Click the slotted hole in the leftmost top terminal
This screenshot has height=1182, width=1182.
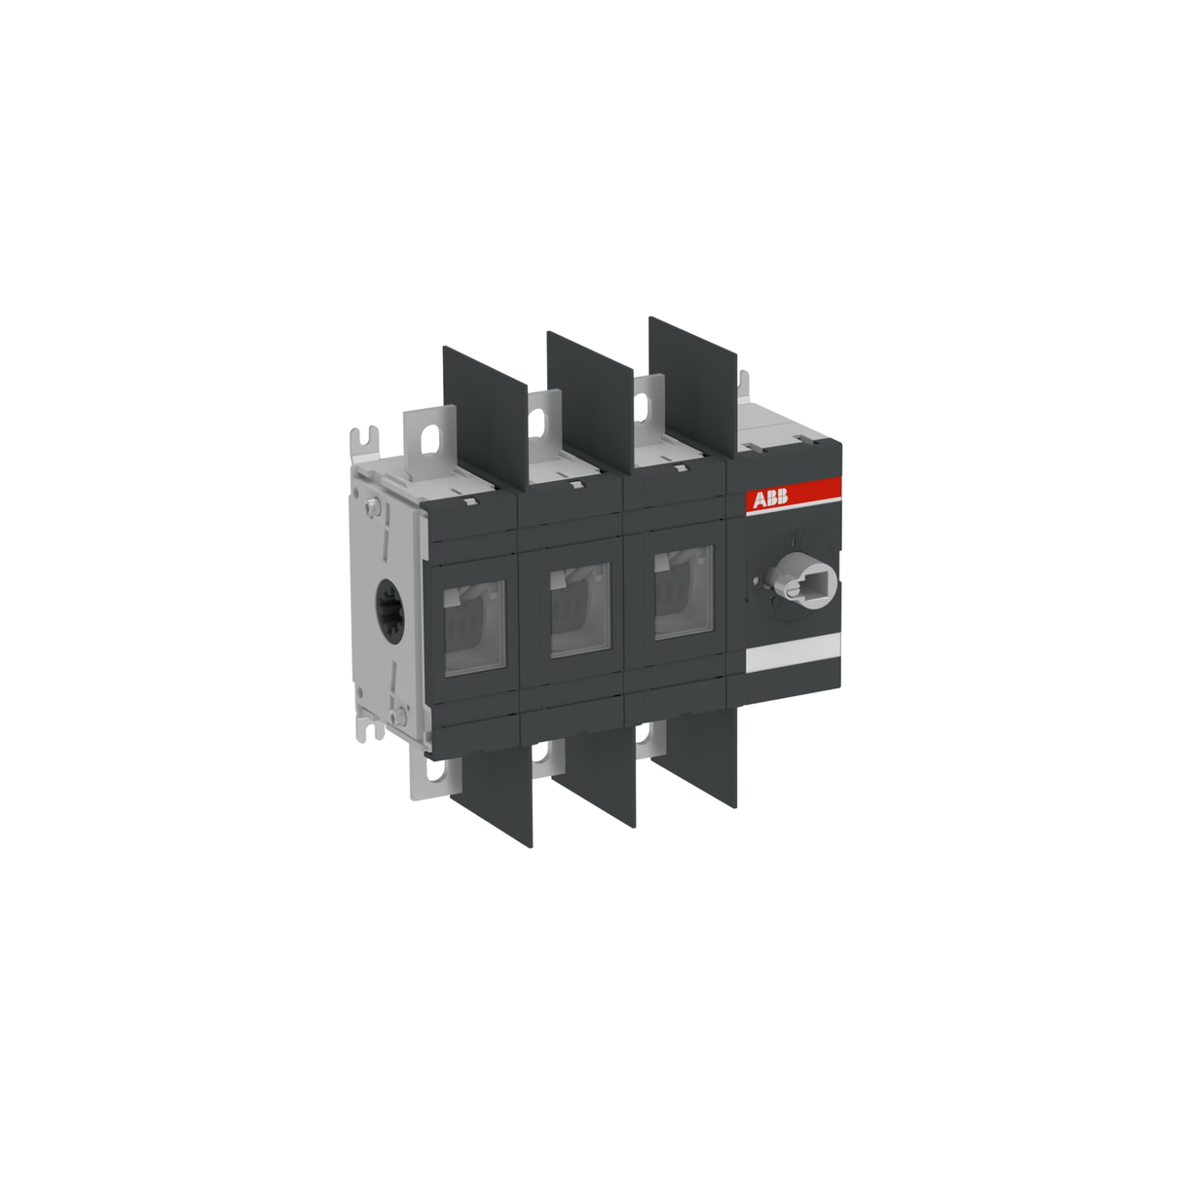[425, 438]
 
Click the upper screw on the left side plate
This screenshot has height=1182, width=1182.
[376, 506]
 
